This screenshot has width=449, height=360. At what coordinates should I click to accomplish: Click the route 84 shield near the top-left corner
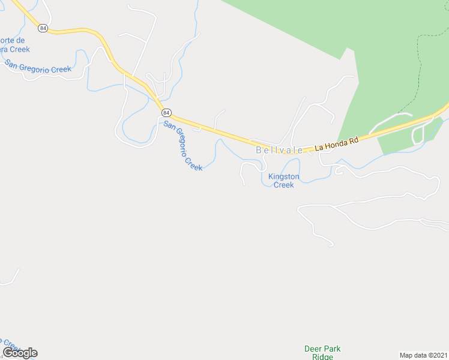43,28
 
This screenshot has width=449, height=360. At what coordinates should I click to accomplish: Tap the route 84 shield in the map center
166,113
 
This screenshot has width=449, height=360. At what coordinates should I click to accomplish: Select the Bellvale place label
280,151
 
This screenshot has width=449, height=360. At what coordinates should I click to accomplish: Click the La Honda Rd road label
337,142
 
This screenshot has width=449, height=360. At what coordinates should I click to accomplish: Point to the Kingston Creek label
284,181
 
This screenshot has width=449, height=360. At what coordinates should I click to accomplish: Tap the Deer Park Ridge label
322,353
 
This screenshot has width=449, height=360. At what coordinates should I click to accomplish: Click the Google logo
20,353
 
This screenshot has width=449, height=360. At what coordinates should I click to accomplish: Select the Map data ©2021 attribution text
423,355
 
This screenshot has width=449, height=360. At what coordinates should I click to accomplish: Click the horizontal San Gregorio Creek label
38,66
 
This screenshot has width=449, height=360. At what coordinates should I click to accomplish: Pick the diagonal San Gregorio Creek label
183,146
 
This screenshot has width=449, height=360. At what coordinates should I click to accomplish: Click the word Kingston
284,177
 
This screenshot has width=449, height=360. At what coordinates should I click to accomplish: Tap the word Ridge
322,357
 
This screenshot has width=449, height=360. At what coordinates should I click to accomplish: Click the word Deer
313,349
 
